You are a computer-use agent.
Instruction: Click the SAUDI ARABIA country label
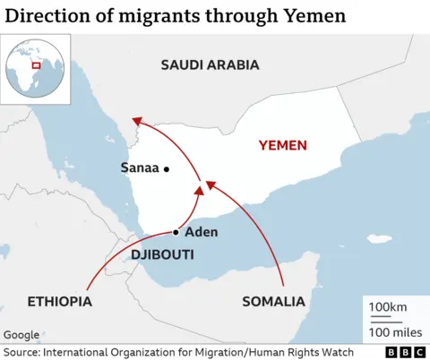(210, 64)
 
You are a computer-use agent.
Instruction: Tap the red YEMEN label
(282, 145)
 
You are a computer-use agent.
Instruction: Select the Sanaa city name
(139, 167)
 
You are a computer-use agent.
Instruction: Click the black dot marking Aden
(176, 232)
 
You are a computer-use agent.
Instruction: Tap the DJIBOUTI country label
(162, 255)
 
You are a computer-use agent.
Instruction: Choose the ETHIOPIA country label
(60, 301)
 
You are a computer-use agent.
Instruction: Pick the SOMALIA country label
(273, 301)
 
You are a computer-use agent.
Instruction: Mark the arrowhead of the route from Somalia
(210, 184)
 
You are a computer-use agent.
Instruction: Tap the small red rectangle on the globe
(37, 64)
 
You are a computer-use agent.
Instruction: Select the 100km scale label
(388, 308)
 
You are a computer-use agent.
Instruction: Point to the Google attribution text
(21, 335)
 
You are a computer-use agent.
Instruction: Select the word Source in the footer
(21, 352)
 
